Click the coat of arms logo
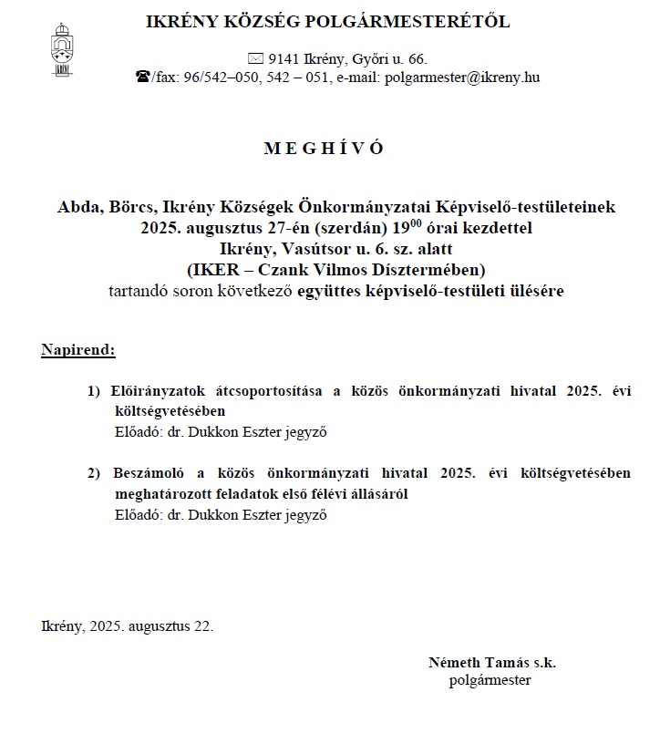(62, 50)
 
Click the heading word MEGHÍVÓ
(324, 149)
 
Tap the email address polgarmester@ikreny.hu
(463, 77)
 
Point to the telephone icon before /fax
(142, 77)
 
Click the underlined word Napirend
(78, 349)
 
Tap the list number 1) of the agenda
(94, 391)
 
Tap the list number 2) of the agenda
(94, 473)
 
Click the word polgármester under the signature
(490, 679)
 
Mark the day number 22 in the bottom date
(201, 626)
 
